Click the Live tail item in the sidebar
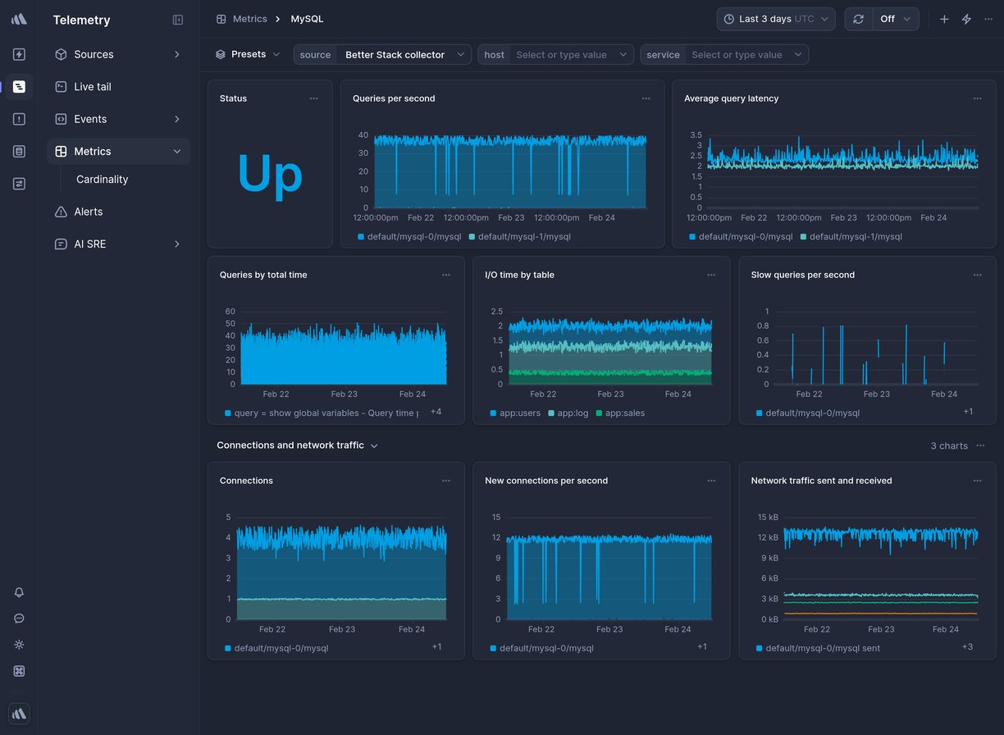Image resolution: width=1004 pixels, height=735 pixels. click(x=92, y=87)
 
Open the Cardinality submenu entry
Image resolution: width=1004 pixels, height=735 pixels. click(x=102, y=180)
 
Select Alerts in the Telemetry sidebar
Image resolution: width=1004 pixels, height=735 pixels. click(x=88, y=212)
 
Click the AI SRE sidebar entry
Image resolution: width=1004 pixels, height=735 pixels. click(x=89, y=244)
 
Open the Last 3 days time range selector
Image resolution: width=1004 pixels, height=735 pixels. click(x=776, y=19)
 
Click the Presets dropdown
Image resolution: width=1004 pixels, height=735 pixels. click(x=248, y=55)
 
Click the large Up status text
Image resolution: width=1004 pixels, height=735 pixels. click(x=270, y=175)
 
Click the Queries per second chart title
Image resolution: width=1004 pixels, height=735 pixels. click(x=394, y=98)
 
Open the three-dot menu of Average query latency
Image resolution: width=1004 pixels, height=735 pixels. click(x=977, y=98)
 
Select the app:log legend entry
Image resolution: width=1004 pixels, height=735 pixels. click(x=573, y=413)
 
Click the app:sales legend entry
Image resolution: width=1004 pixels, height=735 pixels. click(x=624, y=413)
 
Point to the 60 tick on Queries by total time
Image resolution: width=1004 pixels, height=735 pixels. click(x=230, y=312)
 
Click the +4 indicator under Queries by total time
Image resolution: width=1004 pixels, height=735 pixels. click(x=436, y=412)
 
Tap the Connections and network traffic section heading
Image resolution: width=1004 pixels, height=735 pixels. click(x=290, y=445)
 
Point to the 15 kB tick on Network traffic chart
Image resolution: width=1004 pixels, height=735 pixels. click(x=767, y=517)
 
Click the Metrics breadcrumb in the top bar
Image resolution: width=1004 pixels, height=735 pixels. click(x=249, y=19)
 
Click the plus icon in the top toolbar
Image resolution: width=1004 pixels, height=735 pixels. click(x=944, y=19)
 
